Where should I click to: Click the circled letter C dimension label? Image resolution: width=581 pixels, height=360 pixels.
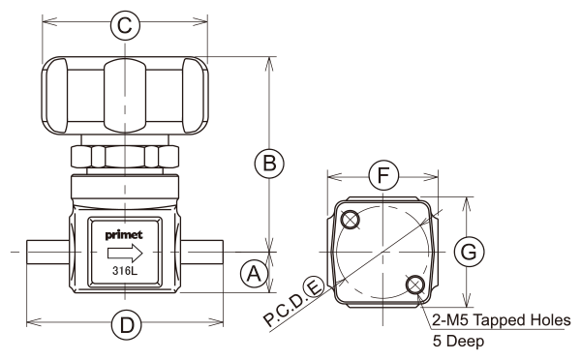(125, 25)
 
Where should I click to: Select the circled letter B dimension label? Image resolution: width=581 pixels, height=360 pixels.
(269, 164)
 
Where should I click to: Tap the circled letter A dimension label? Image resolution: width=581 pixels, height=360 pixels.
(254, 274)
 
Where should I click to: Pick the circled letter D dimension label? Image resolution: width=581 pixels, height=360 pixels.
(127, 325)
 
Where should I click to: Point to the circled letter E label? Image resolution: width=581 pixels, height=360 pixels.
(314, 287)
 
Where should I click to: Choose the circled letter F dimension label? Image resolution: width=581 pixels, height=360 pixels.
(383, 175)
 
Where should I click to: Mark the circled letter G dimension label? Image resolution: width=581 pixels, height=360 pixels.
(469, 252)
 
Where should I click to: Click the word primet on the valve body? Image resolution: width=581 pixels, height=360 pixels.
(124, 235)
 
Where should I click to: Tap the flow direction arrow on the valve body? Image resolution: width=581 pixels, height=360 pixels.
(125, 254)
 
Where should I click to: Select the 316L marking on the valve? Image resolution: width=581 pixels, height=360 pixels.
(125, 271)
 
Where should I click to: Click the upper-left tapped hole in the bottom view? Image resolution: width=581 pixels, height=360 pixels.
(351, 220)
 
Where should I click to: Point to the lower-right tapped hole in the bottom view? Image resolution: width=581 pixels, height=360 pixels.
(415, 285)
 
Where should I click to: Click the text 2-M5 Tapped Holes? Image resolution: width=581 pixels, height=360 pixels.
(502, 320)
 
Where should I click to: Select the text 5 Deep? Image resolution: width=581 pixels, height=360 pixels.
(458, 341)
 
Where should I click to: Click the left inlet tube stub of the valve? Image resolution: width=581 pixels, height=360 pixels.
(47, 252)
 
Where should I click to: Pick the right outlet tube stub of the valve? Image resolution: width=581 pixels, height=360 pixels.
(202, 252)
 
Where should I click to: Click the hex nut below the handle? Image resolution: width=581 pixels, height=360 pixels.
(125, 157)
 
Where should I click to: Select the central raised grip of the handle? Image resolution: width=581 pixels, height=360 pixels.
(125, 96)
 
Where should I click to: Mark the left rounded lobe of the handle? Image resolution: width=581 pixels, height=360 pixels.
(55, 96)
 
